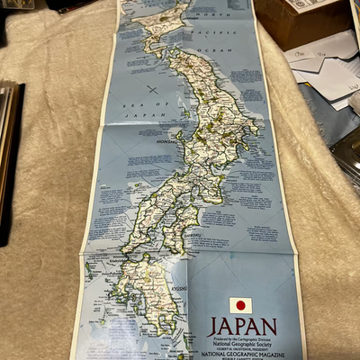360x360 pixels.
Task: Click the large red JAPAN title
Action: tap(241, 326)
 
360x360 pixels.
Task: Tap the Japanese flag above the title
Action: tap(240, 305)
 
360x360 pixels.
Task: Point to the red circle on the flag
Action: tap(240, 305)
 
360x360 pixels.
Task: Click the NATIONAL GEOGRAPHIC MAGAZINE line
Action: tap(241, 354)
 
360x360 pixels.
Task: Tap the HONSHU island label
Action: tap(147, 142)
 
